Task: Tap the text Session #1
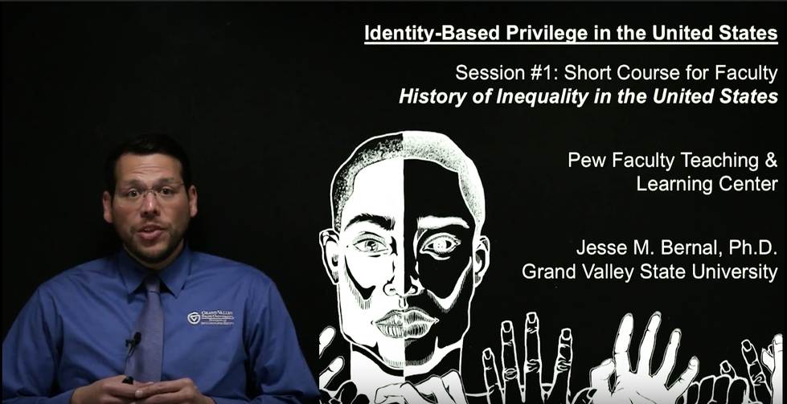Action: pos(506,74)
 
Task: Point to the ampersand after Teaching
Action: pos(771,161)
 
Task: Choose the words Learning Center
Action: pos(707,184)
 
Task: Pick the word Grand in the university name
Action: pos(546,271)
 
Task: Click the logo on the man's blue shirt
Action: pos(211,318)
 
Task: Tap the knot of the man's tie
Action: pos(150,284)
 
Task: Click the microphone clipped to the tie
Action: pos(133,341)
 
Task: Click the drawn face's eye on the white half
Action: pos(371,244)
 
